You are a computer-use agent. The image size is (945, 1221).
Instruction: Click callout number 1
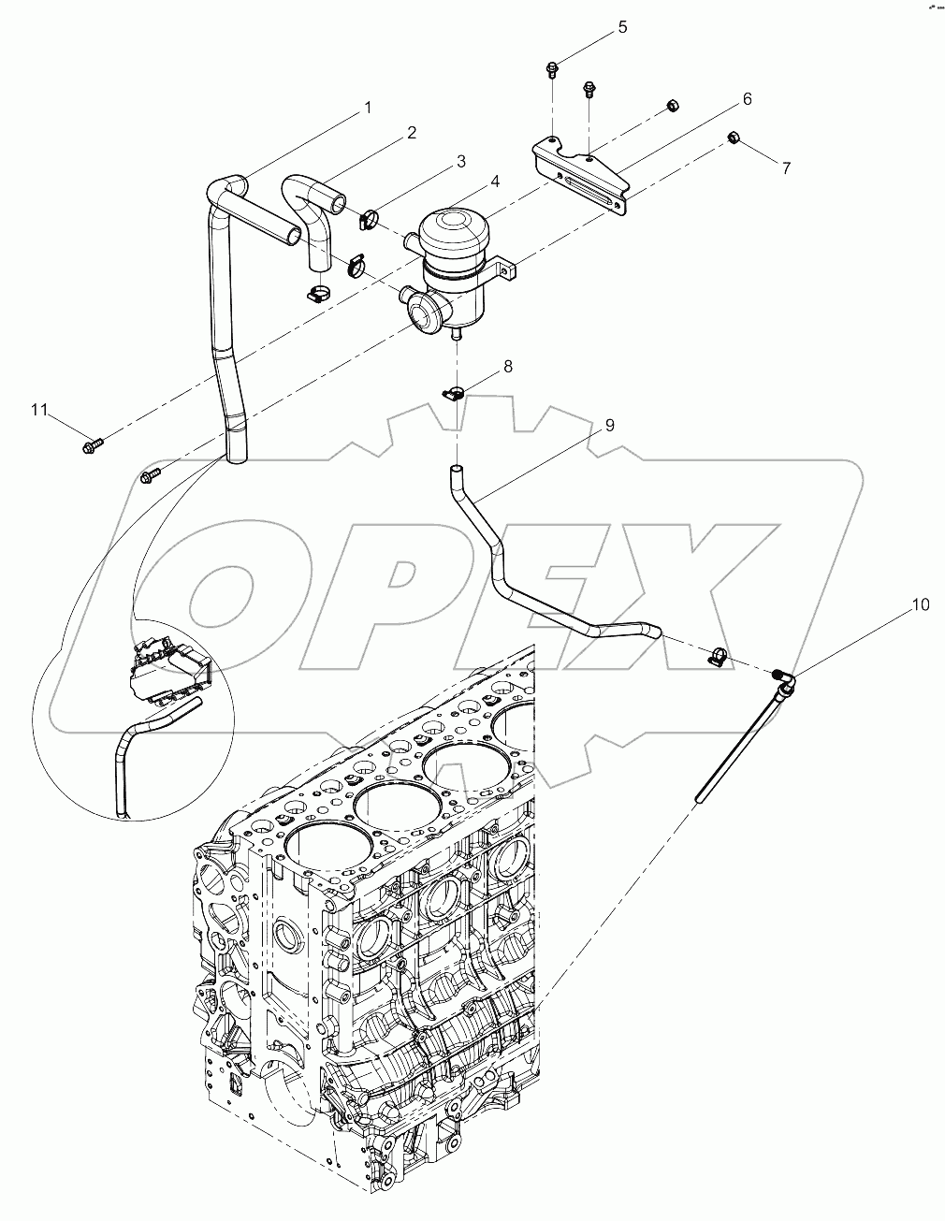(x=368, y=108)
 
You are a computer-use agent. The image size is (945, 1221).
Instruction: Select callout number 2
(x=411, y=133)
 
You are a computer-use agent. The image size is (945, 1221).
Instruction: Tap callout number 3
(x=460, y=161)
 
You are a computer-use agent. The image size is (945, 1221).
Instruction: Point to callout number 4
(x=495, y=181)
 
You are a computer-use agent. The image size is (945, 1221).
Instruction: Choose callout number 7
(x=786, y=167)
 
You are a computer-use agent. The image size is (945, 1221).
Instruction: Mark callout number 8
(x=508, y=366)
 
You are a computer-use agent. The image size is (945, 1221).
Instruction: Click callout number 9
(x=609, y=425)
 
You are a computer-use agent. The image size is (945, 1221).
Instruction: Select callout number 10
(x=920, y=604)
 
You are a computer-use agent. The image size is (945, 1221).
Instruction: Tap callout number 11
(x=38, y=410)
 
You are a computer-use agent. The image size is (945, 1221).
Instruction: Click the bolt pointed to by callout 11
(x=93, y=442)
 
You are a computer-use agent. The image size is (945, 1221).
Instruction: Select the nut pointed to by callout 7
(x=734, y=139)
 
